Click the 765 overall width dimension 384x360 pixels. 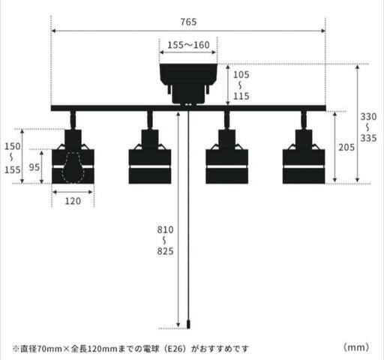(188, 22)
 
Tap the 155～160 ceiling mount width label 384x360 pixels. (188, 45)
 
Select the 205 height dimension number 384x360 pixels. (346, 148)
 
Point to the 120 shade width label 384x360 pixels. (73, 201)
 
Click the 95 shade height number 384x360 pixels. (34, 167)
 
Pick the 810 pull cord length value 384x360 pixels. (165, 229)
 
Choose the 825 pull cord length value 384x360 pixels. (165, 251)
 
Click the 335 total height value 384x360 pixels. (368, 138)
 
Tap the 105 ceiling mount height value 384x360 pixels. (241, 75)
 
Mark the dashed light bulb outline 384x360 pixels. (73, 167)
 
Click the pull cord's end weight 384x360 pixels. (188, 324)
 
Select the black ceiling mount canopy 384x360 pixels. (188, 84)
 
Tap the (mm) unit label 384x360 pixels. (356, 347)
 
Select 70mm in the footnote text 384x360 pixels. (49, 349)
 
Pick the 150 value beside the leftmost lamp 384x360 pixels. (13, 146)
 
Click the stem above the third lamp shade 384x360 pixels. (226, 120)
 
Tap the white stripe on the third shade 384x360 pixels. (226, 166)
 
